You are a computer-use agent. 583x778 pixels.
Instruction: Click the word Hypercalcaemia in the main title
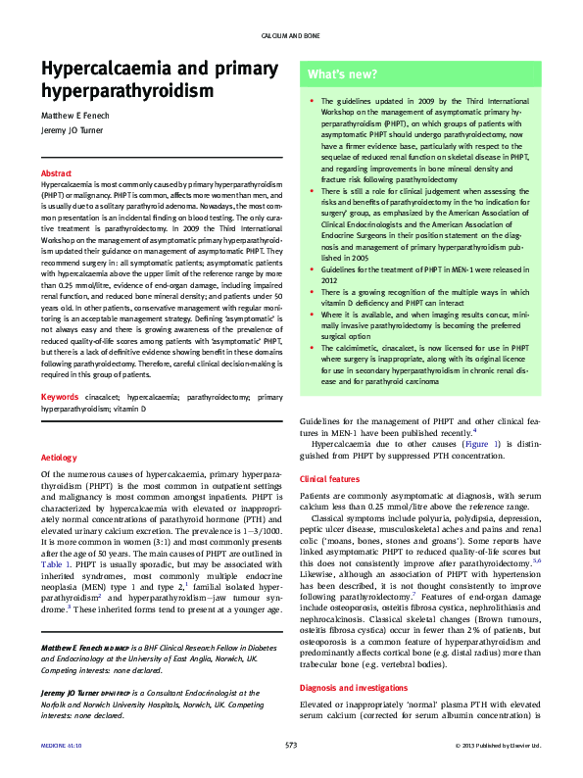coord(110,70)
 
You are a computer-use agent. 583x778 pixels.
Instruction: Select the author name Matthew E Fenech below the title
coord(74,115)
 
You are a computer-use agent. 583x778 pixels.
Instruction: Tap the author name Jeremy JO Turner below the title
coord(72,130)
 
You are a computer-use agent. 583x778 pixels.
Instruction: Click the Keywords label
coord(59,424)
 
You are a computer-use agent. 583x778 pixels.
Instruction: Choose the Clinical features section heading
coord(330,479)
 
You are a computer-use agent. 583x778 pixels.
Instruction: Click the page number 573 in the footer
coord(291,746)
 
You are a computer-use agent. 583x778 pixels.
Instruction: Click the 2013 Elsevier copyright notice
coord(499,747)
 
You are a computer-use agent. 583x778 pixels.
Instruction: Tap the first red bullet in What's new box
coord(310,100)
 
